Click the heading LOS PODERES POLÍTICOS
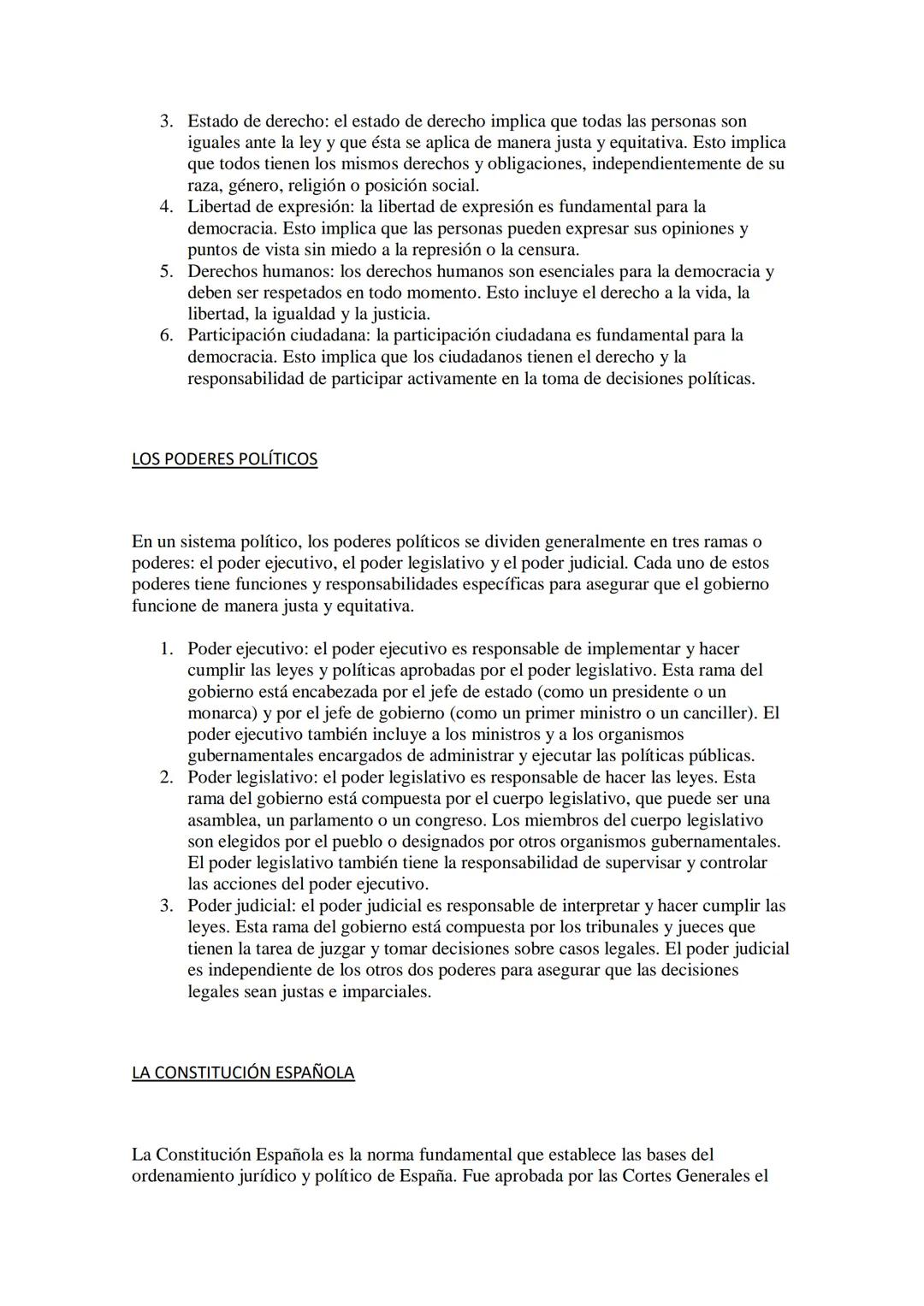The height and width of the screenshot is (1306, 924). tap(224, 459)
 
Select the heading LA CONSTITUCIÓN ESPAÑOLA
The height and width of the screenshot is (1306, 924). tap(243, 1073)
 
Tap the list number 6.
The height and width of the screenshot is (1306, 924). tap(167, 335)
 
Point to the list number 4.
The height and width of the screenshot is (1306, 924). tap(167, 207)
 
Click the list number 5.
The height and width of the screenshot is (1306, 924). tap(167, 271)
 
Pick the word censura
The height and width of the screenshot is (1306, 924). tap(548, 250)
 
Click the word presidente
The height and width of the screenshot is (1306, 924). tap(657, 692)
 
